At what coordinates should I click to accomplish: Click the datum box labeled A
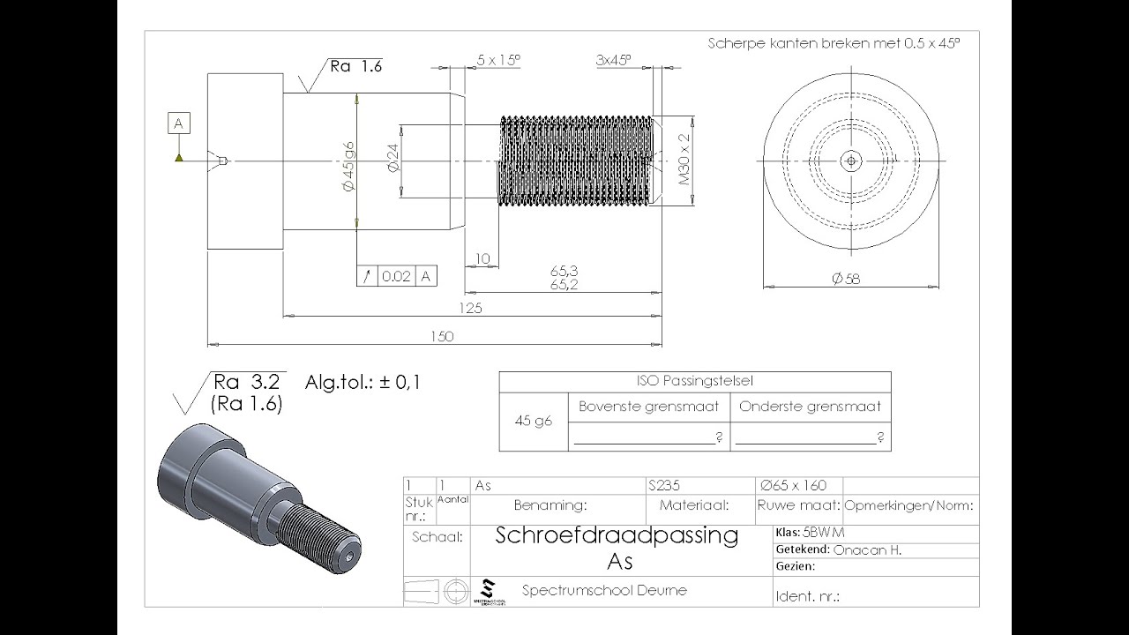click(179, 123)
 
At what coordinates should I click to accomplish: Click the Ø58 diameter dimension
click(846, 279)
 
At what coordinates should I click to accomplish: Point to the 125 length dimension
click(470, 308)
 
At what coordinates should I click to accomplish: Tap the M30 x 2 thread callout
click(684, 160)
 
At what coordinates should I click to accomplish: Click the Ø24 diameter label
click(393, 160)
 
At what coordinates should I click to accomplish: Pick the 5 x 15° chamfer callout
click(498, 59)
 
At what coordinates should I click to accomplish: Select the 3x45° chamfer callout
click(613, 59)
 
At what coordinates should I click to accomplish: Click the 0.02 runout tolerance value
click(397, 276)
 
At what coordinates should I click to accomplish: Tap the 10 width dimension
click(482, 258)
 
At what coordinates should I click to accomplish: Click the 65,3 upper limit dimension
click(564, 271)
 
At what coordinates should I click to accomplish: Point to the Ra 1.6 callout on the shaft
click(355, 65)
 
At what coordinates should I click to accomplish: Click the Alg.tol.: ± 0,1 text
click(363, 383)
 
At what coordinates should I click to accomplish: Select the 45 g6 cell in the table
click(534, 422)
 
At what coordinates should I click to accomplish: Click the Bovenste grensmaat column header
click(649, 407)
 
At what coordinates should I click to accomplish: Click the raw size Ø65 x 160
click(793, 485)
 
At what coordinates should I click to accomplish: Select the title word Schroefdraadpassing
click(617, 534)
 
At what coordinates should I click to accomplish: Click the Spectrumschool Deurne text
click(604, 590)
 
